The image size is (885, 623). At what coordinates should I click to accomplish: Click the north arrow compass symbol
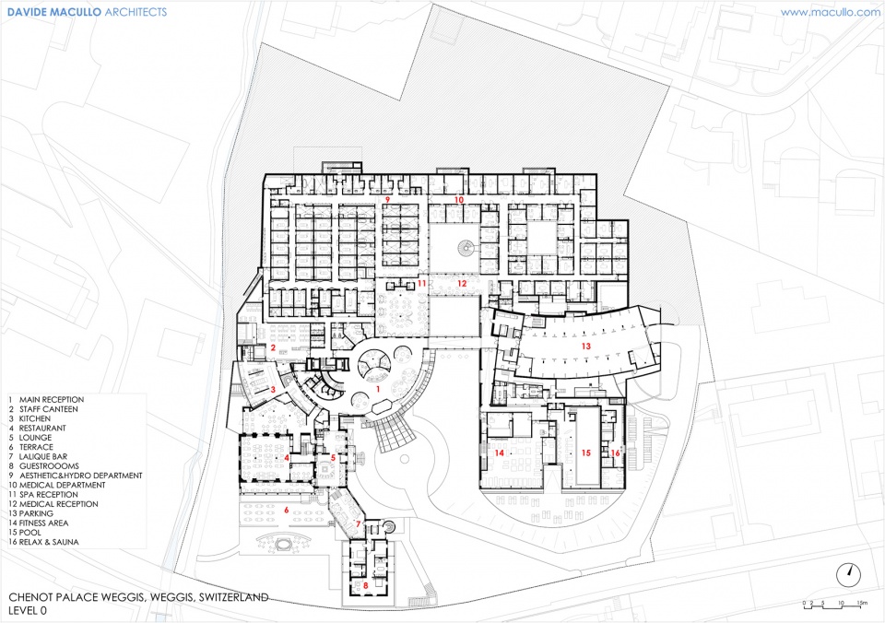[x=849, y=575]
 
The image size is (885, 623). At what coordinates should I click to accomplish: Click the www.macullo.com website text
[x=830, y=12]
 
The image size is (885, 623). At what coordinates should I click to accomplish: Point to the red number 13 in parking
[x=586, y=346]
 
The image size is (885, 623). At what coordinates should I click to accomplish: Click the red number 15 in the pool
[x=586, y=453]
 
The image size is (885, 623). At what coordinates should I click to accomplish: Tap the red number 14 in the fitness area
[x=499, y=453]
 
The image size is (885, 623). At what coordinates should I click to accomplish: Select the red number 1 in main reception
[x=378, y=389]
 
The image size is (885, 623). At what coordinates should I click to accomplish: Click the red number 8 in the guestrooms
[x=366, y=585]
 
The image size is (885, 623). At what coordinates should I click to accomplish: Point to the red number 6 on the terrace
[x=286, y=511]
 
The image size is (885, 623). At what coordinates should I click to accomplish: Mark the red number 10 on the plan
[x=459, y=200]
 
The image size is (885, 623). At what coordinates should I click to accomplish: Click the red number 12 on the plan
[x=462, y=283]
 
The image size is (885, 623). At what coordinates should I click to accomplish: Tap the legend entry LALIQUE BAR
[x=38, y=456]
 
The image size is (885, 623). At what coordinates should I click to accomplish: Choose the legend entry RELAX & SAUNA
[x=43, y=542]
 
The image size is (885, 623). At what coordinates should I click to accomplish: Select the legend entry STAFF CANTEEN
[x=43, y=409]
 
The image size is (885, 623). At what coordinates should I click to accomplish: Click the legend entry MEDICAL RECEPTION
[x=53, y=504]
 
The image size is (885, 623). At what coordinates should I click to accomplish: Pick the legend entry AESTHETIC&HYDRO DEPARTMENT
[x=75, y=476]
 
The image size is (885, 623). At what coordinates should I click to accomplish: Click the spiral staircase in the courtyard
[x=466, y=247]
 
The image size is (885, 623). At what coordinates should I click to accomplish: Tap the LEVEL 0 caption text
[x=28, y=611]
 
